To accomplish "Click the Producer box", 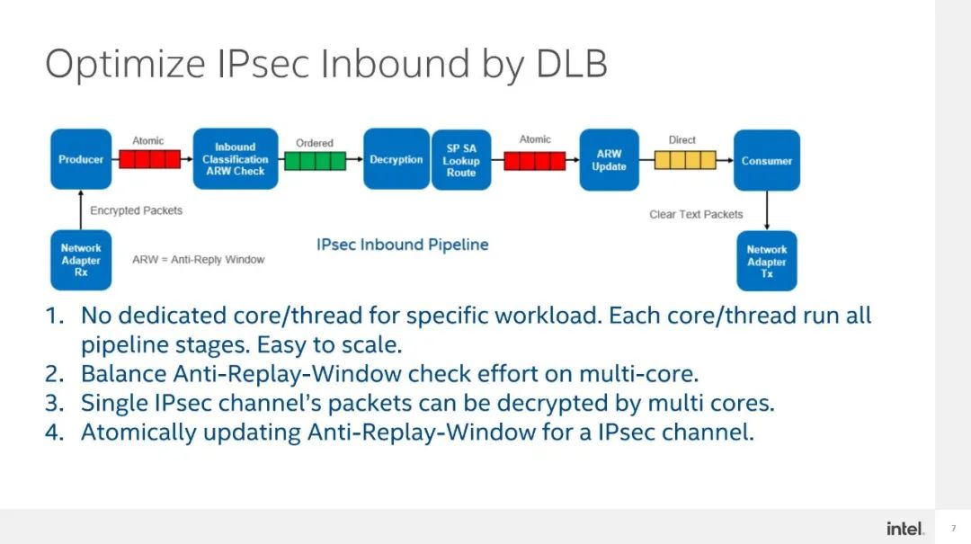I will click(x=81, y=159).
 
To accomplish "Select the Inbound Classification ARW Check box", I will click(x=235, y=159).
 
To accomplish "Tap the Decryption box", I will click(x=396, y=159).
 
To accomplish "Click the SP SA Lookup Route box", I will click(x=461, y=160).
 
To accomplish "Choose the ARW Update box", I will click(x=609, y=160).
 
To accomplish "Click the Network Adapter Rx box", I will click(x=81, y=260).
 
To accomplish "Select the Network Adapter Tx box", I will click(x=766, y=262).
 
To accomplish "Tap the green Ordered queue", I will click(x=315, y=161).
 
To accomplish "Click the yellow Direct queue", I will click(x=684, y=160).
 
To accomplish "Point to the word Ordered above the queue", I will click(x=315, y=143).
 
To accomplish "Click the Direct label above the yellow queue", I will click(x=682, y=140).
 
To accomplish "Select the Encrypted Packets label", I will click(x=136, y=210).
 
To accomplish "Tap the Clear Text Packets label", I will click(x=696, y=214).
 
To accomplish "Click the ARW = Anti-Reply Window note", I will click(x=199, y=259).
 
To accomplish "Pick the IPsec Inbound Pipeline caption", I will click(x=402, y=245).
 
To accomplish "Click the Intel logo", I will click(x=904, y=528).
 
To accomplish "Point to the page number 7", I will click(x=953, y=528).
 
